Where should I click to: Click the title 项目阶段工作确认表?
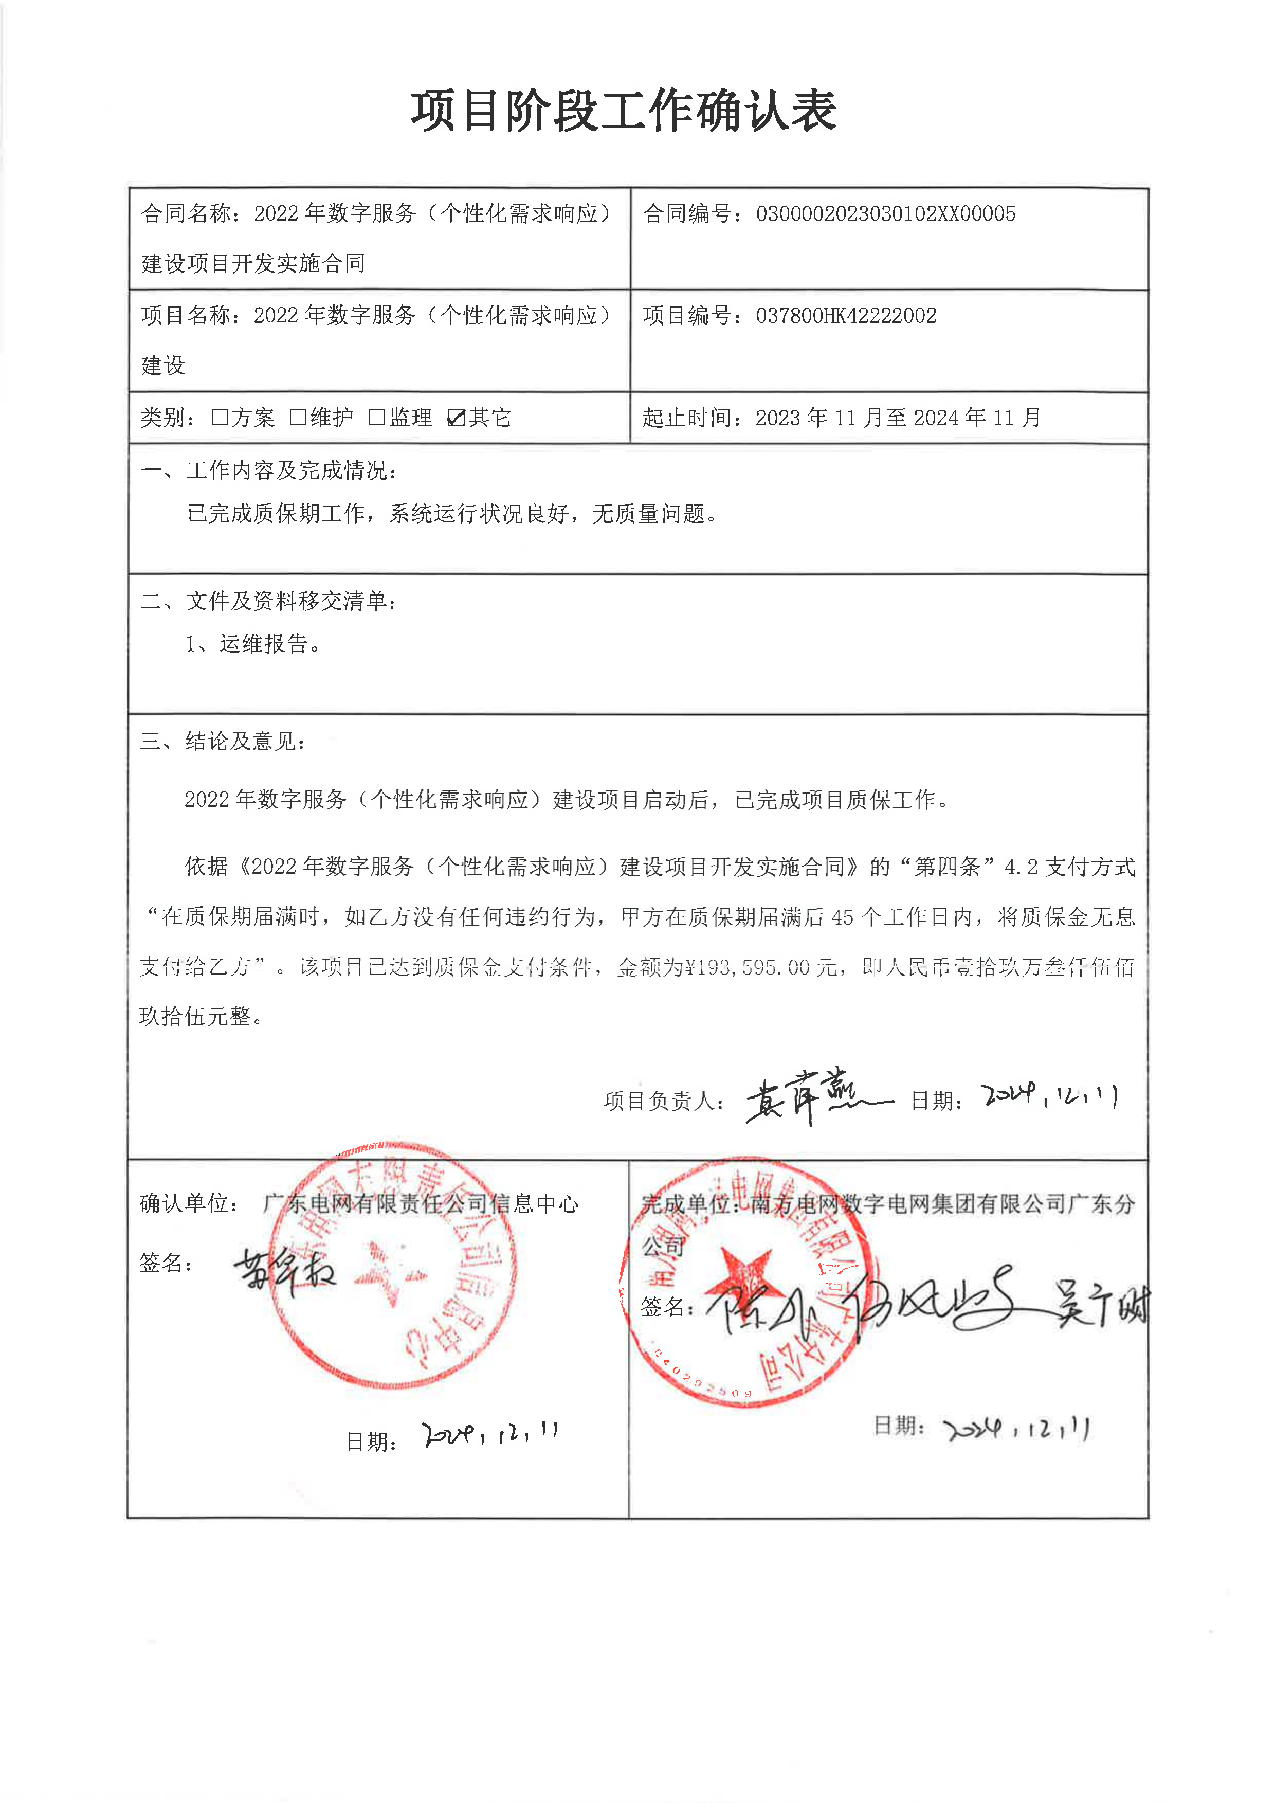[624, 111]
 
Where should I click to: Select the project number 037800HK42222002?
[846, 316]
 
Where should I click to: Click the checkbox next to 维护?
[298, 417]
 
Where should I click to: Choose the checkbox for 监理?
[377, 417]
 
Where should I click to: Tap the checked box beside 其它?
[456, 417]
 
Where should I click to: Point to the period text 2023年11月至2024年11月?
[897, 418]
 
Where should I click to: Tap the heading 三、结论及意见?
[223, 741]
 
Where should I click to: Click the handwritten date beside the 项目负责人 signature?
[1049, 1095]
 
